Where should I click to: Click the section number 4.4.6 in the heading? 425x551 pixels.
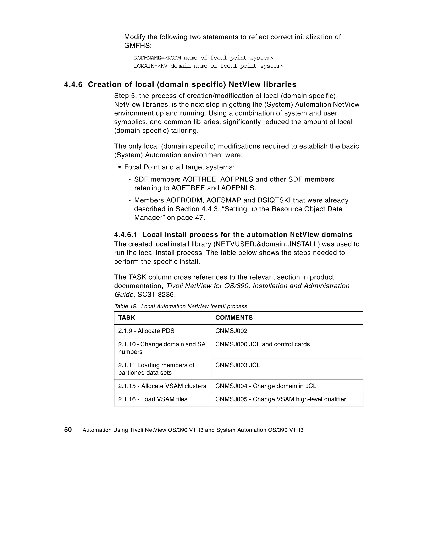point(73,85)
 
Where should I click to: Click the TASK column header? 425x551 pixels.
point(127,318)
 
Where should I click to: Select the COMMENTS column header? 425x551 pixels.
point(234,318)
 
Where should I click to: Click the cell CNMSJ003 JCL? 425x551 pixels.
point(238,365)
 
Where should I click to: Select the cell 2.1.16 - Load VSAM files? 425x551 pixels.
point(153,399)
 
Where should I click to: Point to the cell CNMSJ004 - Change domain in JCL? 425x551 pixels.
point(266,386)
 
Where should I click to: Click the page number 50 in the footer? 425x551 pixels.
point(68,430)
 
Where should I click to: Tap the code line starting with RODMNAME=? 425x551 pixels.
point(204,58)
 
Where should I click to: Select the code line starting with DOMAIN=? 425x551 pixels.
point(209,66)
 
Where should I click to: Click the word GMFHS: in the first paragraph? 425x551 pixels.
point(138,46)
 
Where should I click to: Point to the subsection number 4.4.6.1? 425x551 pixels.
point(126,235)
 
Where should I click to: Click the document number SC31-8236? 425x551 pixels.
point(156,295)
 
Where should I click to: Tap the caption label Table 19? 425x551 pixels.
point(126,306)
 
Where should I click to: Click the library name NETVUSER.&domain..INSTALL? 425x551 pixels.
point(267,244)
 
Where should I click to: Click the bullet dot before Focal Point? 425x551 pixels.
point(120,168)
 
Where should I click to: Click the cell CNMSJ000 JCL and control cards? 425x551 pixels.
point(262,344)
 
